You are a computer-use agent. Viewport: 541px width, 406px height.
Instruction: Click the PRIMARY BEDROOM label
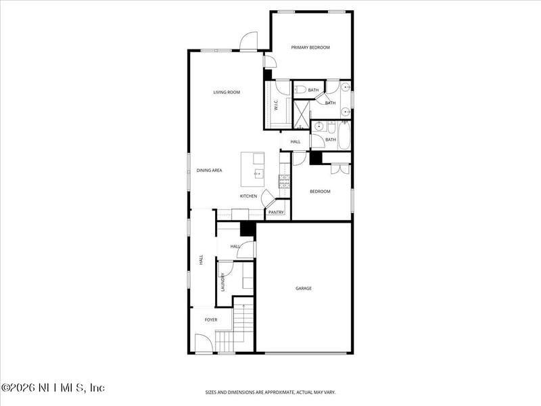pyautogui.click(x=310, y=47)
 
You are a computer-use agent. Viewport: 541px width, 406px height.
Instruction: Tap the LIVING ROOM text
pyautogui.click(x=227, y=92)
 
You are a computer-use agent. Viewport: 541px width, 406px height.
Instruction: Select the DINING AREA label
pyautogui.click(x=209, y=171)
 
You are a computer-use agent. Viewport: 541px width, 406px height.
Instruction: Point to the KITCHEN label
pyautogui.click(x=248, y=196)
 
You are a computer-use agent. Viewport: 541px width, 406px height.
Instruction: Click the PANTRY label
pyautogui.click(x=275, y=212)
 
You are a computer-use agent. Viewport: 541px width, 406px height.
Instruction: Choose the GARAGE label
pyautogui.click(x=304, y=288)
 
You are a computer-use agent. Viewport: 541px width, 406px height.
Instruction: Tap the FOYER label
pyautogui.click(x=211, y=319)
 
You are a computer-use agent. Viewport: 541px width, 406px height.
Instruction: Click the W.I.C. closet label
pyautogui.click(x=276, y=106)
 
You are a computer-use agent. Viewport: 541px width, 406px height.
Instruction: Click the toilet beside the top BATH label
pyautogui.click(x=300, y=89)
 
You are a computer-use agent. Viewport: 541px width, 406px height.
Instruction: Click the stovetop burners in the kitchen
pyautogui.click(x=284, y=180)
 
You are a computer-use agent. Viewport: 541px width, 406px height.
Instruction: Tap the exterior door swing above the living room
pyautogui.click(x=249, y=41)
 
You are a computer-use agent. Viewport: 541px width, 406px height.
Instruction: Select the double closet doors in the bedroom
pyautogui.click(x=340, y=168)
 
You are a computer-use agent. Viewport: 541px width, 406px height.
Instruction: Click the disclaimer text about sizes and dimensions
pyautogui.click(x=270, y=392)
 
